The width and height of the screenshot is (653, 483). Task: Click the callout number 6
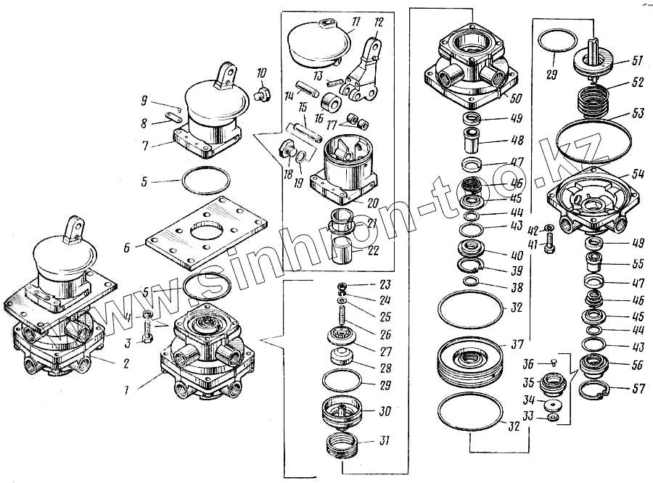127,247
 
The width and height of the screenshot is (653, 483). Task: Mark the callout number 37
517,344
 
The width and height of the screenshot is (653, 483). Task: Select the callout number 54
638,175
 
